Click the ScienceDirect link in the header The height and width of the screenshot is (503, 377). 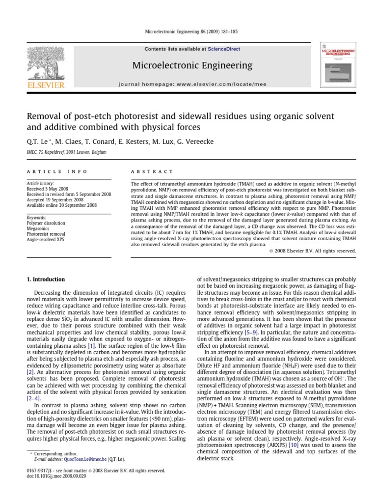click(224, 49)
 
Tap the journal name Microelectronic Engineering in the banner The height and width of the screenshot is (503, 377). click(192, 65)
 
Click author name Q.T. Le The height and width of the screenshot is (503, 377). click(36, 142)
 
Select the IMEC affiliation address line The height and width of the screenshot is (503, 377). click(66, 152)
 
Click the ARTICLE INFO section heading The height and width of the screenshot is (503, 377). click(56, 171)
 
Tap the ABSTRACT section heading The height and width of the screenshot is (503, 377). click(152, 171)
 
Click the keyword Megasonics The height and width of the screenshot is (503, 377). click(38, 228)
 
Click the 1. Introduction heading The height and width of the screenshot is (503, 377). click(45, 279)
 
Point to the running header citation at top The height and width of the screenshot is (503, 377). click(192, 31)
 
